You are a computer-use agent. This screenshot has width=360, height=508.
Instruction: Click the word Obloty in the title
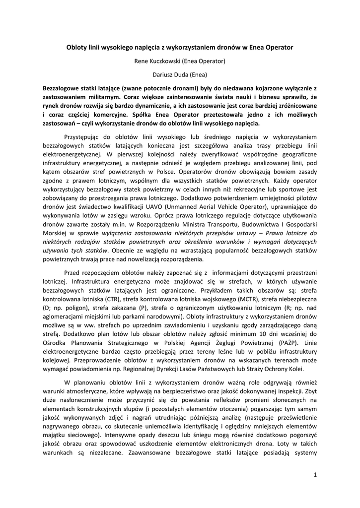(x=77, y=48)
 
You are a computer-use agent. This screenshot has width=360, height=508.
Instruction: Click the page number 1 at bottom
(x=315, y=475)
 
